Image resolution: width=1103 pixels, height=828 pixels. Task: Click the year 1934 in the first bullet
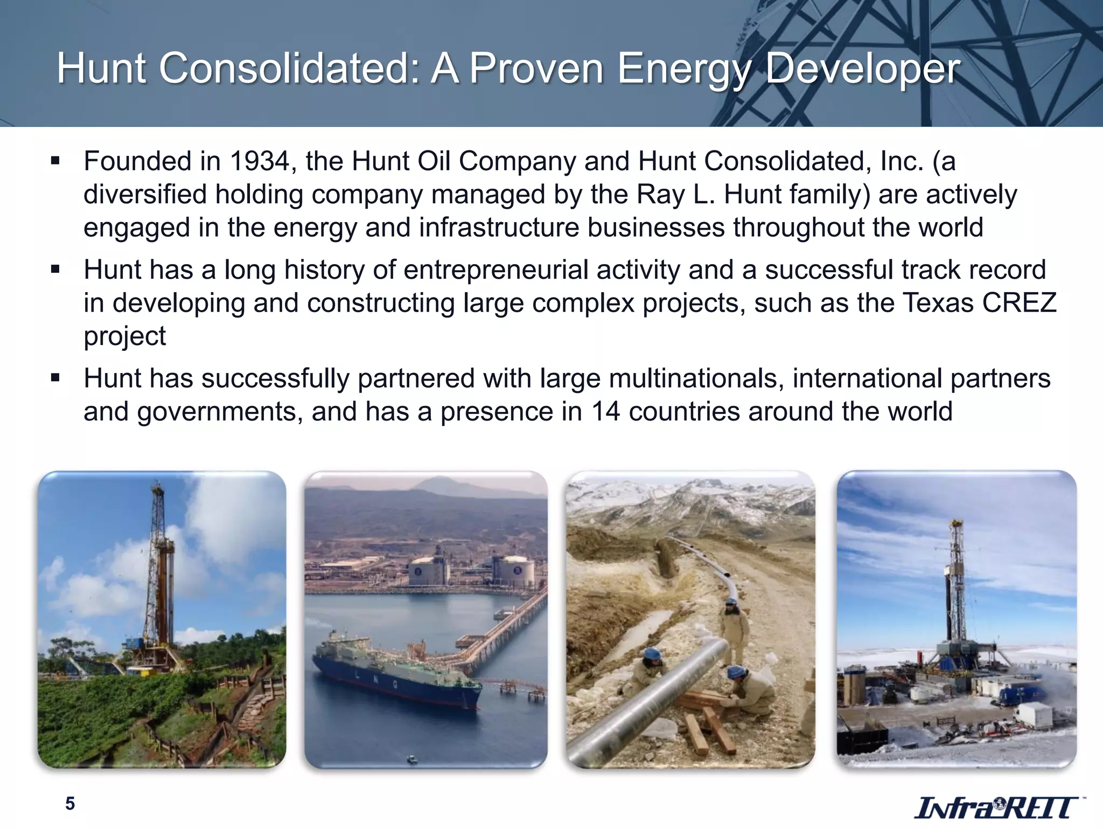tap(261, 161)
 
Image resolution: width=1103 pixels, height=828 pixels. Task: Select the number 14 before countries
tap(605, 411)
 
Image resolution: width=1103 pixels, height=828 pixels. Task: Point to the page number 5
tap(70, 804)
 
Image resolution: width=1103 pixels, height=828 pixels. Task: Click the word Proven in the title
tap(536, 69)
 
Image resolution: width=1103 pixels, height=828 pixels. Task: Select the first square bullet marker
tap(55, 161)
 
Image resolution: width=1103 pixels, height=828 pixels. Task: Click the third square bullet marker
tap(55, 378)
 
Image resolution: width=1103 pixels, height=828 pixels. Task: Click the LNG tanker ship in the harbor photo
tap(396, 674)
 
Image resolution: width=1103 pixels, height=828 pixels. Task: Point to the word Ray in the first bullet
tap(661, 194)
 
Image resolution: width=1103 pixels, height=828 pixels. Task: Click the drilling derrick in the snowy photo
tap(956, 593)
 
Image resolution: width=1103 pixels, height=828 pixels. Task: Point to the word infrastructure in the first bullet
tap(499, 227)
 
